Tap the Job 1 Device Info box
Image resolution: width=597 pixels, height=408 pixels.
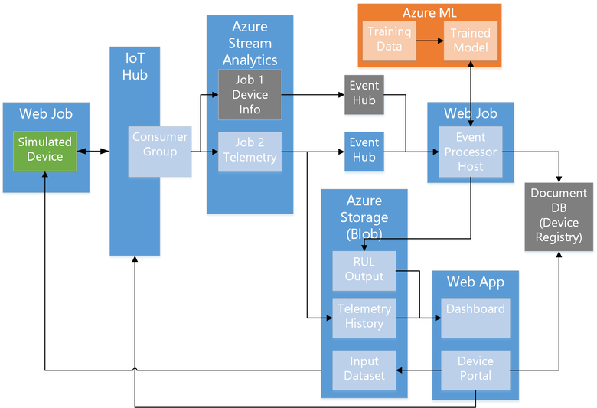pos(250,95)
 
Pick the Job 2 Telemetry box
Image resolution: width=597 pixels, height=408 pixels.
pos(250,150)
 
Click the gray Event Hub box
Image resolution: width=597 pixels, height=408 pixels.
pos(364,94)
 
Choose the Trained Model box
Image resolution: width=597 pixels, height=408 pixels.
pos(471,41)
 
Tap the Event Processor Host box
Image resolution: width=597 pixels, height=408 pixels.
pos(470,152)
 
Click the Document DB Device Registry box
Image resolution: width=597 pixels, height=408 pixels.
pos(559,217)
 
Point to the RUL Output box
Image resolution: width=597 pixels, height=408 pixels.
pos(364,269)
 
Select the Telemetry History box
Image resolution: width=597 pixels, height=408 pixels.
pos(364,316)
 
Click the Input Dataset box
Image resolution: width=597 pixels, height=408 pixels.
pos(364,370)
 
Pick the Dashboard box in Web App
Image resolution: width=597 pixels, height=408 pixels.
pos(475,317)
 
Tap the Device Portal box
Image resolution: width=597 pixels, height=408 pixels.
pos(475,370)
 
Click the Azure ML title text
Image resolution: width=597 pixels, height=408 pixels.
pos(429,13)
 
